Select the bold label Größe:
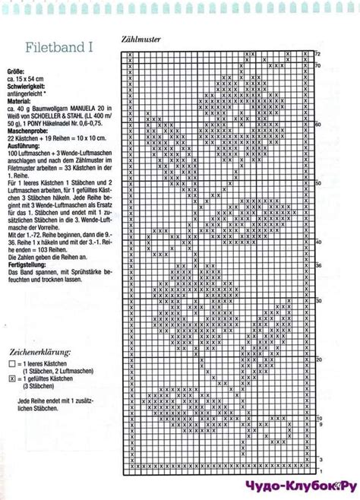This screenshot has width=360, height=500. [17, 73]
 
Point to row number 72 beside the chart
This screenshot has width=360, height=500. [317, 54]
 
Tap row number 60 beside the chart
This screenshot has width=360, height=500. [317, 125]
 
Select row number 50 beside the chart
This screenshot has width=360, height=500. [317, 183]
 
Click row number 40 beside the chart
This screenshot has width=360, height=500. [317, 242]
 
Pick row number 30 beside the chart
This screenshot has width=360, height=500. [317, 301]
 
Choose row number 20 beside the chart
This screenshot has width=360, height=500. [317, 359]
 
